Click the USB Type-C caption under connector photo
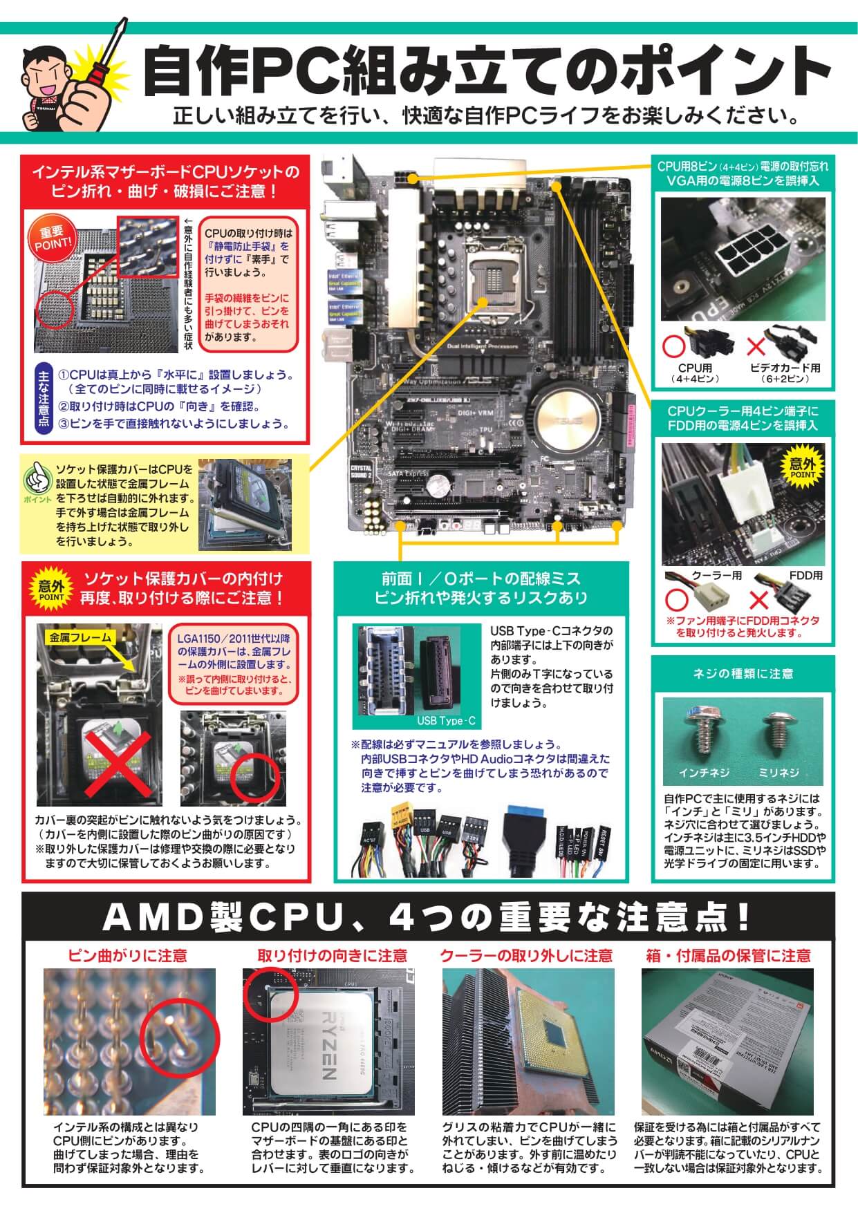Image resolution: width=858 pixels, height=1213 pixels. [x=446, y=721]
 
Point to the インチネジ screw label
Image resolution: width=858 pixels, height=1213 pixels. [x=704, y=773]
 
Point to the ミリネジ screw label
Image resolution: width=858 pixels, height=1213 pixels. [x=778, y=773]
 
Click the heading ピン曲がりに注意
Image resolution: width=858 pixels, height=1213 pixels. [x=127, y=956]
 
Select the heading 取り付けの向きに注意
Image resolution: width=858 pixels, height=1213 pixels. [x=332, y=956]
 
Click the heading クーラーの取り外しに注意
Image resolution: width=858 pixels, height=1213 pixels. [x=526, y=956]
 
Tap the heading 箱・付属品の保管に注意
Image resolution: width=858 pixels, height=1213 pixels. [x=727, y=956]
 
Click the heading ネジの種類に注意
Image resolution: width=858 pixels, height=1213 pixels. [x=743, y=673]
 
